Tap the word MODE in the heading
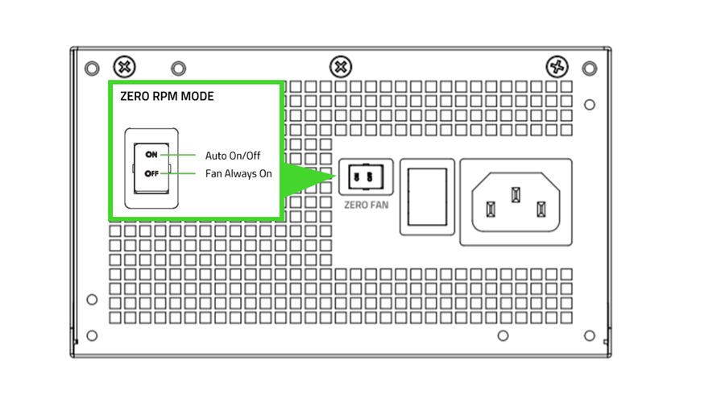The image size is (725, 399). pos(198,97)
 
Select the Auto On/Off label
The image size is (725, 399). pos(233,156)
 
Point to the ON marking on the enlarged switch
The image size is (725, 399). pos(151,155)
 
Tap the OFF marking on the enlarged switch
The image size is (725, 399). pos(151,173)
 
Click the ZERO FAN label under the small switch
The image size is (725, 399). pos(366,206)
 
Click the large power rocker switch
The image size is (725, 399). pos(427,197)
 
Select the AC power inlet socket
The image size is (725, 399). pos(516,202)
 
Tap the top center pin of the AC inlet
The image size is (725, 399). pos(516,194)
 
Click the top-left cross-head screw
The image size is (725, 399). pos(125,66)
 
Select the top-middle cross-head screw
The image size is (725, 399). pos(342,66)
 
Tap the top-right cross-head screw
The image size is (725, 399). pos(557,66)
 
